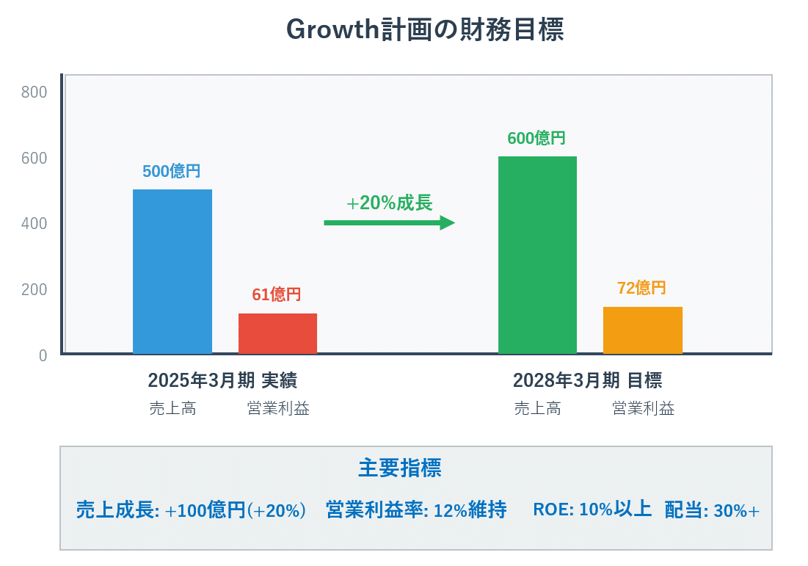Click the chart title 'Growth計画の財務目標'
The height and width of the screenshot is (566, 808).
423,30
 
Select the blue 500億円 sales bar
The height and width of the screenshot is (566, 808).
172,272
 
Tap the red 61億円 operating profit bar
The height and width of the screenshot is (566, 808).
277,333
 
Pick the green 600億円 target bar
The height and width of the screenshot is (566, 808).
537,255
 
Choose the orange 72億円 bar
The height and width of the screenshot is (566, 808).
642,330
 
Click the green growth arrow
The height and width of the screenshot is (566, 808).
389,222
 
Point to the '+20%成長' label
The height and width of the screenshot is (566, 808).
389,203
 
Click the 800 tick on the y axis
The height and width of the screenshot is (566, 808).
34,92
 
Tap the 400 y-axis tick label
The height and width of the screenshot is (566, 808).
34,224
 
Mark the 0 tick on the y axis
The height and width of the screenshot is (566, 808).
43,355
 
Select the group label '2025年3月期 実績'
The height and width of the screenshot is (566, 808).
222,380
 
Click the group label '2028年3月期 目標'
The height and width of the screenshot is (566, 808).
587,380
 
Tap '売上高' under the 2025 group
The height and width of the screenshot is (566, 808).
172,409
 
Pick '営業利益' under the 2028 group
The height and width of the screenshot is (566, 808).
643,409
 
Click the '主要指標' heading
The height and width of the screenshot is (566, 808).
400,468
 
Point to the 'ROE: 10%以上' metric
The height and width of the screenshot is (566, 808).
592,509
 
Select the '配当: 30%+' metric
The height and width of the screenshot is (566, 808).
712,510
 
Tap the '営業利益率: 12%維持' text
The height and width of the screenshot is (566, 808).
416,510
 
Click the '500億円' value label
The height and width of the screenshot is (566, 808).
171,172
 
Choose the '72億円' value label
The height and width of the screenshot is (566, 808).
641,289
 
